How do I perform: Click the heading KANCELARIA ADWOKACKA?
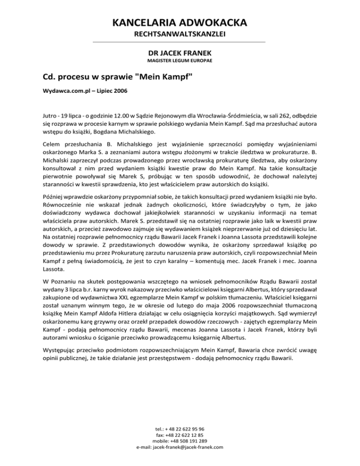pos(180,23)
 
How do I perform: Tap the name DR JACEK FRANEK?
pos(180,53)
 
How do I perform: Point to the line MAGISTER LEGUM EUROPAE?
pos(180,61)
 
